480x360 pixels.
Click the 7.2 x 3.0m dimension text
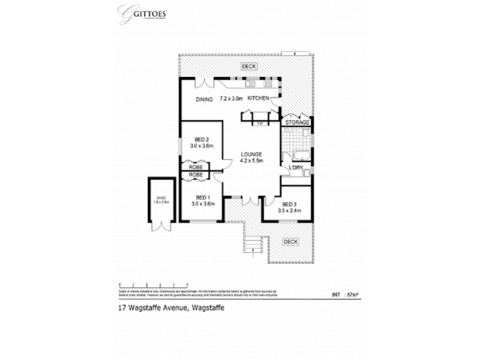click(231, 98)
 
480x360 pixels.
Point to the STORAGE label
click(298, 123)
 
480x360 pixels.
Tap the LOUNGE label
click(251, 154)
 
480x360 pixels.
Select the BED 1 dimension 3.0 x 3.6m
click(203, 204)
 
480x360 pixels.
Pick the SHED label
click(160, 197)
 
